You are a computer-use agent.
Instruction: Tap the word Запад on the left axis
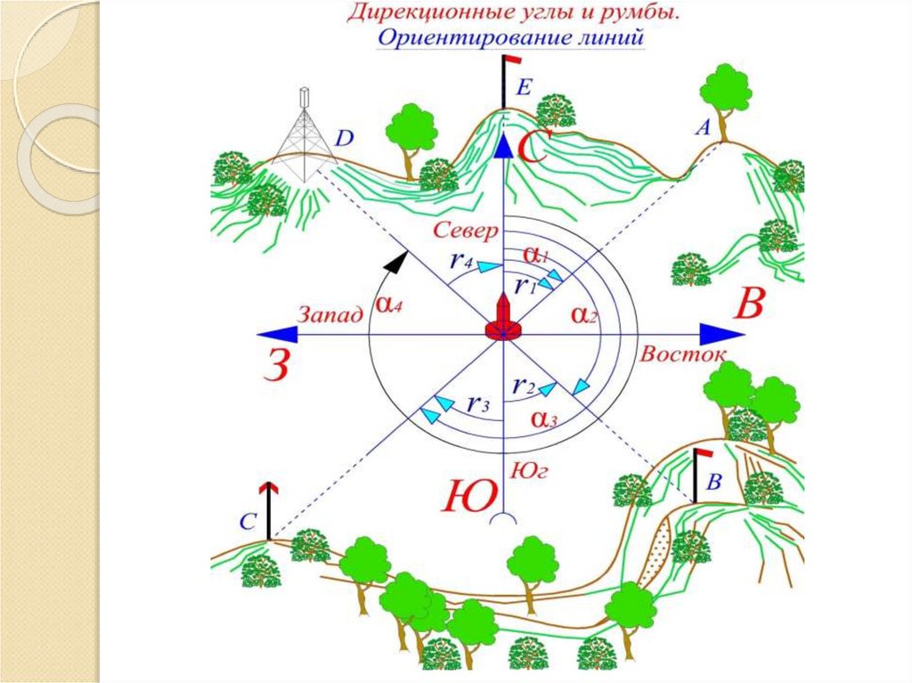pos(330,313)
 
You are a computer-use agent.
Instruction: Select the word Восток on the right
pos(679,353)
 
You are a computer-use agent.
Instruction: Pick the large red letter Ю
pos(468,495)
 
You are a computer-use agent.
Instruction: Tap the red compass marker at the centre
pos(504,320)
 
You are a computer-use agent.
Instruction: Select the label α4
pos(390,304)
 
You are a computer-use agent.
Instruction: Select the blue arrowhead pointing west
pos(271,334)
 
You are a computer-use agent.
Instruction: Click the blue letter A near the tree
pos(702,129)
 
